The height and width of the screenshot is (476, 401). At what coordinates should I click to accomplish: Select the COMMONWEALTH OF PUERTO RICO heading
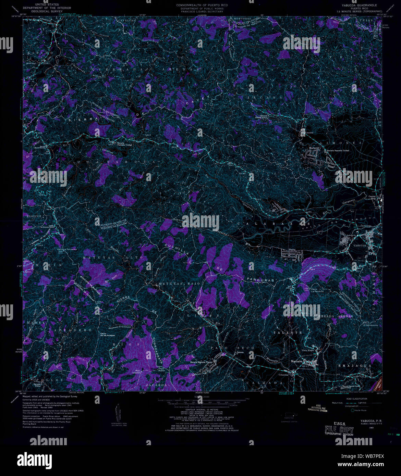(202, 5)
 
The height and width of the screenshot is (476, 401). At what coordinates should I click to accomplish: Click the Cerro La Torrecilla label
(67, 249)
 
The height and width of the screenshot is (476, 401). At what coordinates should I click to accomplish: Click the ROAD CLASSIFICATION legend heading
(356, 399)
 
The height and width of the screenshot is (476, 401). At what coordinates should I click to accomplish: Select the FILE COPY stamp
(339, 430)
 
